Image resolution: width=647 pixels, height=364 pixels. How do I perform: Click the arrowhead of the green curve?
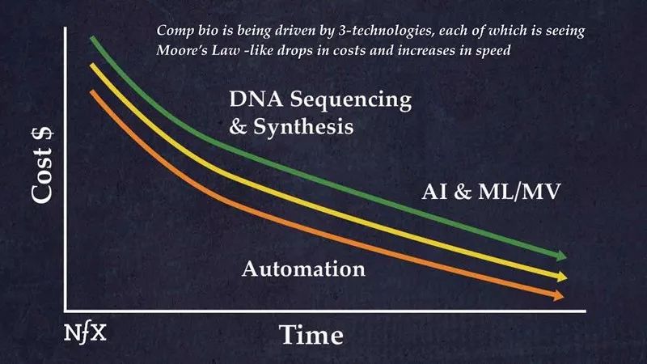click(560, 256)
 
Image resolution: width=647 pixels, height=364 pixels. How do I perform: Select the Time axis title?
click(311, 333)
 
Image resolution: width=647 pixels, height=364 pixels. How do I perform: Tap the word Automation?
click(303, 267)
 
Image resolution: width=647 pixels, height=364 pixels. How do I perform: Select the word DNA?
click(256, 101)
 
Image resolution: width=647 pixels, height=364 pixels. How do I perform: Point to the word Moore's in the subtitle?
click(184, 48)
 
